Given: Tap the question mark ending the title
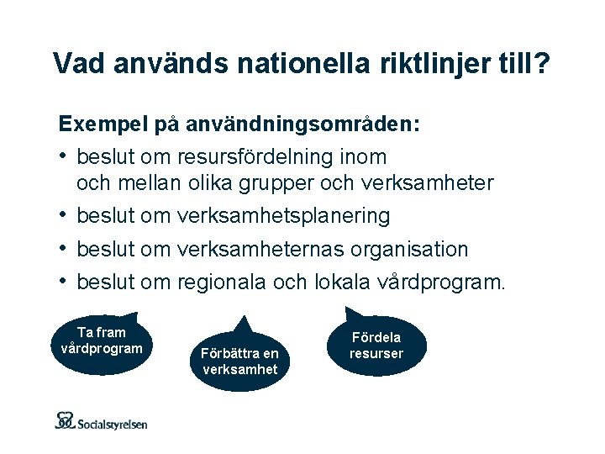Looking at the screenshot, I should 541,64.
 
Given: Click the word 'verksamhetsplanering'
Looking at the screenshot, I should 283,216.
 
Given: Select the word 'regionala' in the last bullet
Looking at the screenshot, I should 221,282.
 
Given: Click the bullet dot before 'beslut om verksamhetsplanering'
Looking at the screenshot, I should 64,216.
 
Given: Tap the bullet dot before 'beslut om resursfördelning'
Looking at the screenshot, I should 64,156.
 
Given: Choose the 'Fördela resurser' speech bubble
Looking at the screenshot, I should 376,346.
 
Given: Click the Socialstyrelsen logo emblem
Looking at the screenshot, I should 66,420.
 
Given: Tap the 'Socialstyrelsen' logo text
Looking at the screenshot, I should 112,424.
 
